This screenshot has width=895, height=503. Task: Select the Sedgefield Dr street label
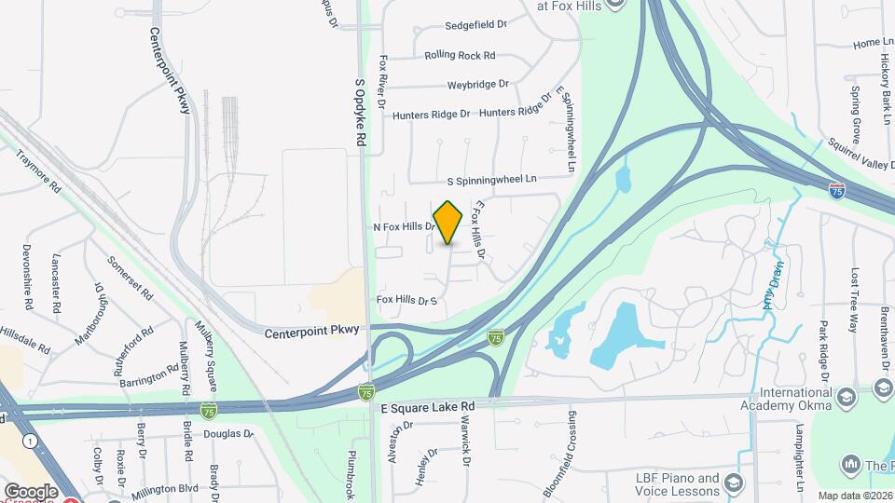475,25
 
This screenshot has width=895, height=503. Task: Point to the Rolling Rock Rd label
460,55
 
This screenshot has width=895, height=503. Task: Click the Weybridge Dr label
478,84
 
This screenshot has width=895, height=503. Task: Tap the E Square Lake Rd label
428,407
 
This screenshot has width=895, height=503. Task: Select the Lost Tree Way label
853,300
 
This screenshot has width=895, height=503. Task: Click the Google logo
31,491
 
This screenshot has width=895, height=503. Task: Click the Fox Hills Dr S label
406,300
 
